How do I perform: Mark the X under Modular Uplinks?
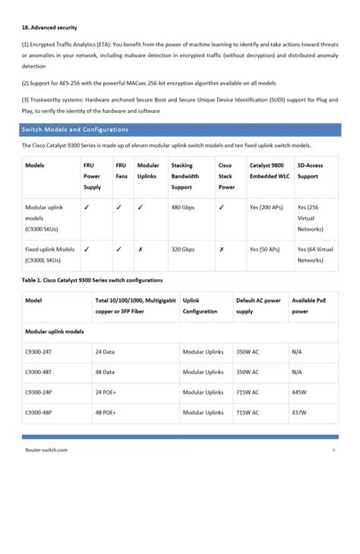click(x=141, y=249)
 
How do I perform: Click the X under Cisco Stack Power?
click(x=221, y=249)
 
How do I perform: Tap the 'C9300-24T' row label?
click(x=39, y=352)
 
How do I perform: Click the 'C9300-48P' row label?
click(x=39, y=413)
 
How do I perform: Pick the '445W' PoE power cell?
click(x=299, y=392)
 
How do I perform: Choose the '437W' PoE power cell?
click(x=299, y=413)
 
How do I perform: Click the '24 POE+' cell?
click(x=107, y=392)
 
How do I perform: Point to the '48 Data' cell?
click(x=105, y=373)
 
